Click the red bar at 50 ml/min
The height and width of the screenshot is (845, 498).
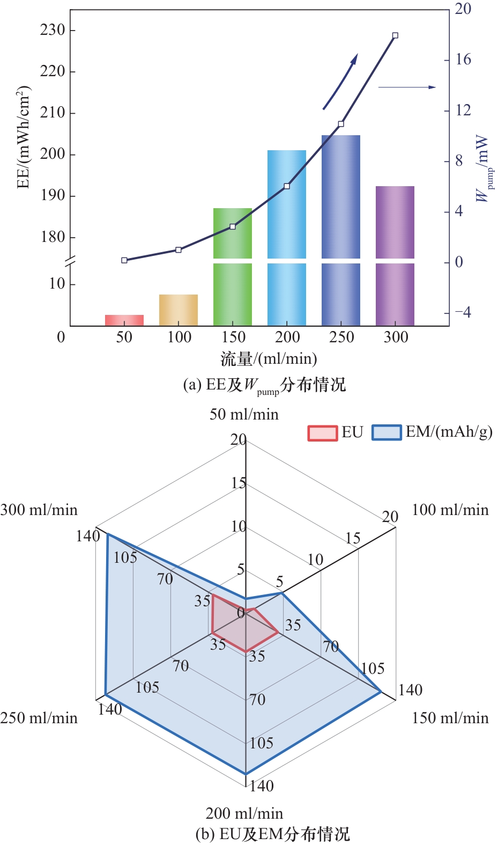(124, 320)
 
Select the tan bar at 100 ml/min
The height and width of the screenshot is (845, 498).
(179, 310)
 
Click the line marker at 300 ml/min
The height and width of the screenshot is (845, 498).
(395, 35)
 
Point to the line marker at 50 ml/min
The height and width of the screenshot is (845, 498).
(124, 260)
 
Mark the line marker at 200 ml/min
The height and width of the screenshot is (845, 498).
(287, 186)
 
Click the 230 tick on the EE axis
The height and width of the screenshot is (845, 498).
(53, 30)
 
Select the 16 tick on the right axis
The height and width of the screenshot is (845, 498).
(463, 60)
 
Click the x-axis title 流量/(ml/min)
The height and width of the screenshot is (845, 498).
(269, 358)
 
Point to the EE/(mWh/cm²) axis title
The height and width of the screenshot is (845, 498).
(23, 137)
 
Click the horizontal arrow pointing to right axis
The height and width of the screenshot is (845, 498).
(407, 87)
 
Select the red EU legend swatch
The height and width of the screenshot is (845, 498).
(322, 432)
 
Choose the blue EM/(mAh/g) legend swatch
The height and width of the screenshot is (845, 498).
(386, 432)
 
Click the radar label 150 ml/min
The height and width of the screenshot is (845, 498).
(450, 718)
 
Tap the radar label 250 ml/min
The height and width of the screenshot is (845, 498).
(39, 718)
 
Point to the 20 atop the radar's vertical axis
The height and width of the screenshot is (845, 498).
(239, 440)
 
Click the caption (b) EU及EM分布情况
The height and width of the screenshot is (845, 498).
(272, 834)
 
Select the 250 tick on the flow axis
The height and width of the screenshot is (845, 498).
(341, 337)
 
